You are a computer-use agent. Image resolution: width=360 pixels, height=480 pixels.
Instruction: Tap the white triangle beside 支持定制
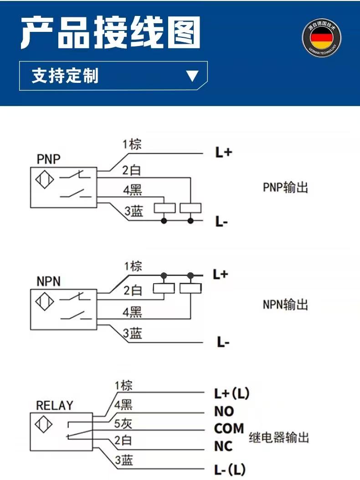[192, 76]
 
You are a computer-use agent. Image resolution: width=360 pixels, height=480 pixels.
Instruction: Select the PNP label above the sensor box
[49, 159]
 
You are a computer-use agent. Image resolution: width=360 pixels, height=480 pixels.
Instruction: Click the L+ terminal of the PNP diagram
[223, 153]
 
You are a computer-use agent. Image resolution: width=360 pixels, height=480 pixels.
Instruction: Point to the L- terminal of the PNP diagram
[221, 222]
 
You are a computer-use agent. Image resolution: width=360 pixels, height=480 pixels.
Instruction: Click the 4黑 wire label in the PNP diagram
[132, 190]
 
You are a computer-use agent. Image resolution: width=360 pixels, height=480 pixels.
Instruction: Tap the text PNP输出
[285, 187]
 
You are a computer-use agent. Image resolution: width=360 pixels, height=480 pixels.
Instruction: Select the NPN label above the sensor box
[48, 281]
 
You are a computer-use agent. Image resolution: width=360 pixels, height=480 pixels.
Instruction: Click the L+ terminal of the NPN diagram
[221, 275]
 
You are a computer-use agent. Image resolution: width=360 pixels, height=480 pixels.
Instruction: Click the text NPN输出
[285, 304]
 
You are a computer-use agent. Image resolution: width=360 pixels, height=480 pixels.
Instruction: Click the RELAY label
[54, 405]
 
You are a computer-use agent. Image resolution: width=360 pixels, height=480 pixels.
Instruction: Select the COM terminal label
[229, 429]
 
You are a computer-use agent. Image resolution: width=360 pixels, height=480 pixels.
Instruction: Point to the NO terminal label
[224, 411]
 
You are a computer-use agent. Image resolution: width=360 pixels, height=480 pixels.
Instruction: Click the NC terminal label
[223, 446]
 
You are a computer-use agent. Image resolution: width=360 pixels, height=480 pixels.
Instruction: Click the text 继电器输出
[279, 438]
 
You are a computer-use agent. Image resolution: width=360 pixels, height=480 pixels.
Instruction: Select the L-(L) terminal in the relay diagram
[231, 469]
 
